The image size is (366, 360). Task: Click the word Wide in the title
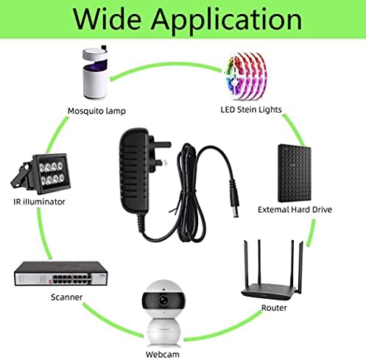[x=107, y=19]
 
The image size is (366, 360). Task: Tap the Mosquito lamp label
[x=96, y=111]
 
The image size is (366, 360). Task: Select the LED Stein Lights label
[x=251, y=110]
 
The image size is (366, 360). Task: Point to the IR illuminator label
[x=39, y=202]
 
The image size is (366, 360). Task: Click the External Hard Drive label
[x=295, y=210]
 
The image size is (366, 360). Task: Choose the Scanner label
[x=66, y=297]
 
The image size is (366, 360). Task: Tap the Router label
[x=274, y=308]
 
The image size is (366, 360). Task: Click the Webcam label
[x=162, y=354]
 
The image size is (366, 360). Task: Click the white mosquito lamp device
[x=95, y=72]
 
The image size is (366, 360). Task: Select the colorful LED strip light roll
[x=245, y=76]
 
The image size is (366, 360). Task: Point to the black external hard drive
[x=295, y=173]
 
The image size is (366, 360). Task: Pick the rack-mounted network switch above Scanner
[x=61, y=274]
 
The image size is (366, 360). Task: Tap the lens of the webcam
[x=163, y=300]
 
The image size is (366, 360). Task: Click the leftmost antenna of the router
[x=246, y=263]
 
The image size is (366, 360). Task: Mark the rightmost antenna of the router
[x=301, y=267]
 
